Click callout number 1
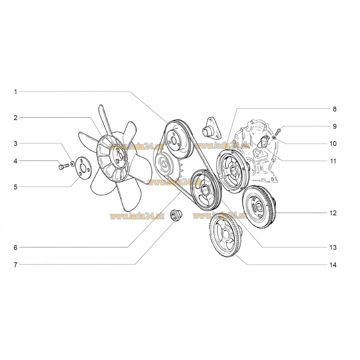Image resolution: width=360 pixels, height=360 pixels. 15,92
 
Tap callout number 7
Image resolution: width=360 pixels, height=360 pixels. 15,265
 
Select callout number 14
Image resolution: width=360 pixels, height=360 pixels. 333,265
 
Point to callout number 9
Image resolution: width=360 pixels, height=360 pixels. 334,126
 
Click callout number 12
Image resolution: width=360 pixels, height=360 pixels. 333,213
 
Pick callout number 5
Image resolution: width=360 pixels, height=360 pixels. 15,187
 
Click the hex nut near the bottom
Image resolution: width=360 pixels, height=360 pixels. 175,215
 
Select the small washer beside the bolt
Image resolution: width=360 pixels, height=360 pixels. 72,163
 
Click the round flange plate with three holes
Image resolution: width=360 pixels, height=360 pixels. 84,168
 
